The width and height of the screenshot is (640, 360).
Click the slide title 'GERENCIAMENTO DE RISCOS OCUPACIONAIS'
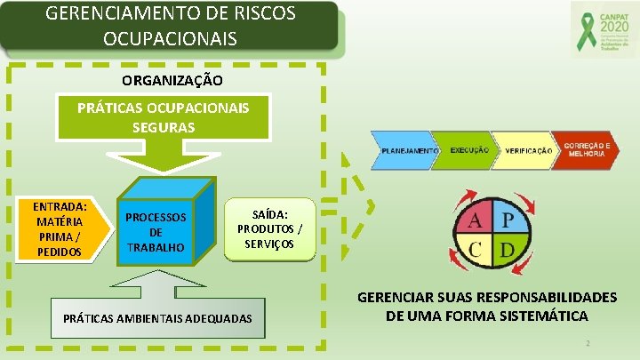[x=170, y=27]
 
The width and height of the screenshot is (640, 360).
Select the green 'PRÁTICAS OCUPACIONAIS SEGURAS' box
[x=163, y=116]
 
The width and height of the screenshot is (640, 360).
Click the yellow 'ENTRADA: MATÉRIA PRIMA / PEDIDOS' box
[x=60, y=228]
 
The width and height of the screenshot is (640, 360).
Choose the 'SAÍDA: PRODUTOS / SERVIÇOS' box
[x=269, y=228]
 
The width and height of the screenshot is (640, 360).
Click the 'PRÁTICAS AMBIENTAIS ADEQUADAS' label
[x=157, y=318]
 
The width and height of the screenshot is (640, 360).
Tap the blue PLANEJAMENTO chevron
[x=408, y=152]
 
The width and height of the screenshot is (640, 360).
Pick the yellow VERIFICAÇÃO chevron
[x=527, y=152]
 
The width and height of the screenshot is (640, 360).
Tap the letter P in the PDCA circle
[x=507, y=220]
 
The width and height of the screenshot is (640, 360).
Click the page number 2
[x=588, y=343]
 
